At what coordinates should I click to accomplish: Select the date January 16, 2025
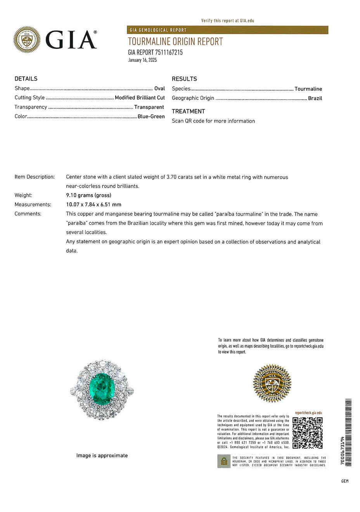(x=142, y=60)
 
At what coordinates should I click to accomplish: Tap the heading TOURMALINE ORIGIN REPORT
(x=175, y=41)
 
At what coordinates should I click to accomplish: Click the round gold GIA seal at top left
(x=27, y=40)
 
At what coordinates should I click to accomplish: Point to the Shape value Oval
(x=159, y=88)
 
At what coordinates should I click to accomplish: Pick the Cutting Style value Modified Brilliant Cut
(x=140, y=98)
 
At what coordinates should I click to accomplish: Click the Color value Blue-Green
(x=151, y=116)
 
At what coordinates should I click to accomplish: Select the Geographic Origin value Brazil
(x=315, y=98)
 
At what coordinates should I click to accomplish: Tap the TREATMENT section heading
(x=188, y=111)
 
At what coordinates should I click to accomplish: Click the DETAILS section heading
(x=26, y=79)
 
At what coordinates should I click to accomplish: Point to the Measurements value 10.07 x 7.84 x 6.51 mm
(x=93, y=205)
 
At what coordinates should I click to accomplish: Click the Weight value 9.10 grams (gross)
(x=88, y=195)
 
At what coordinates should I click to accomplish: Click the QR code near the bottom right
(x=307, y=433)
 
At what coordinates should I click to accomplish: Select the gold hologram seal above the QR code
(x=272, y=383)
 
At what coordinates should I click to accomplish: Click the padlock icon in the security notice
(x=224, y=461)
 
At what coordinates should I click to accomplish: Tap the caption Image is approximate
(x=102, y=455)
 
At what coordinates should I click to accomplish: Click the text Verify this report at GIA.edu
(x=228, y=21)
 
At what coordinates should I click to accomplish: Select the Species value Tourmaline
(x=308, y=89)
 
